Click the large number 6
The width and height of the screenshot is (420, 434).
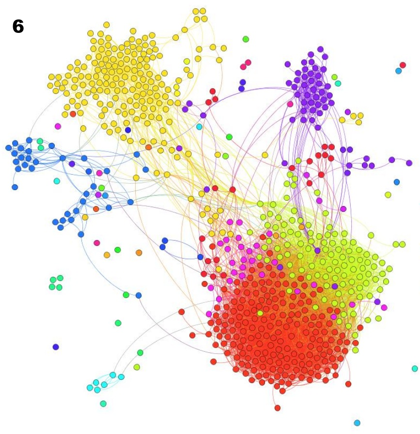click(x=18, y=27)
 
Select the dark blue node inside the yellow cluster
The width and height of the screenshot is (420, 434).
click(x=128, y=130)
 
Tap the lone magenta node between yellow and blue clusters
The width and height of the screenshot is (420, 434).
click(x=58, y=126)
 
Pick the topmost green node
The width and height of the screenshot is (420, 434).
click(x=246, y=39)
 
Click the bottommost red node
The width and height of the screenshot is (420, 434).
click(x=277, y=408)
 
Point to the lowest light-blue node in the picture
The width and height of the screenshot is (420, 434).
click(x=357, y=423)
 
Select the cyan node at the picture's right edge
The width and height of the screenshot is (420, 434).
click(x=415, y=369)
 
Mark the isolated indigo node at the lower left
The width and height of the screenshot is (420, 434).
click(x=56, y=347)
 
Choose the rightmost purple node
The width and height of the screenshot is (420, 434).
click(x=409, y=163)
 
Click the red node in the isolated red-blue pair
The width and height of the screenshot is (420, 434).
click(x=403, y=65)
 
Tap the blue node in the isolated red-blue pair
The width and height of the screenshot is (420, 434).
click(x=399, y=71)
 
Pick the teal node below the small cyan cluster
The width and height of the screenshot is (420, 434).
click(x=103, y=404)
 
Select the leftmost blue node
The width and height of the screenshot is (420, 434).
click(x=8, y=148)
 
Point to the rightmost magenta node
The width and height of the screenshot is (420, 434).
click(x=384, y=307)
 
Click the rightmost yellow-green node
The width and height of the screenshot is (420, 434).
click(x=403, y=244)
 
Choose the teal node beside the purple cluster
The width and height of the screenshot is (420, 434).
click(x=338, y=83)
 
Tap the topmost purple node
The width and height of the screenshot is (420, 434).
click(x=320, y=49)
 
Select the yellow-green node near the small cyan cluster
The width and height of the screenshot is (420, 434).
click(x=137, y=367)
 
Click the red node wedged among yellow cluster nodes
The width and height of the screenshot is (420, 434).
click(x=73, y=114)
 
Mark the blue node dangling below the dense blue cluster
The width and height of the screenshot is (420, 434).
click(x=15, y=187)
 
